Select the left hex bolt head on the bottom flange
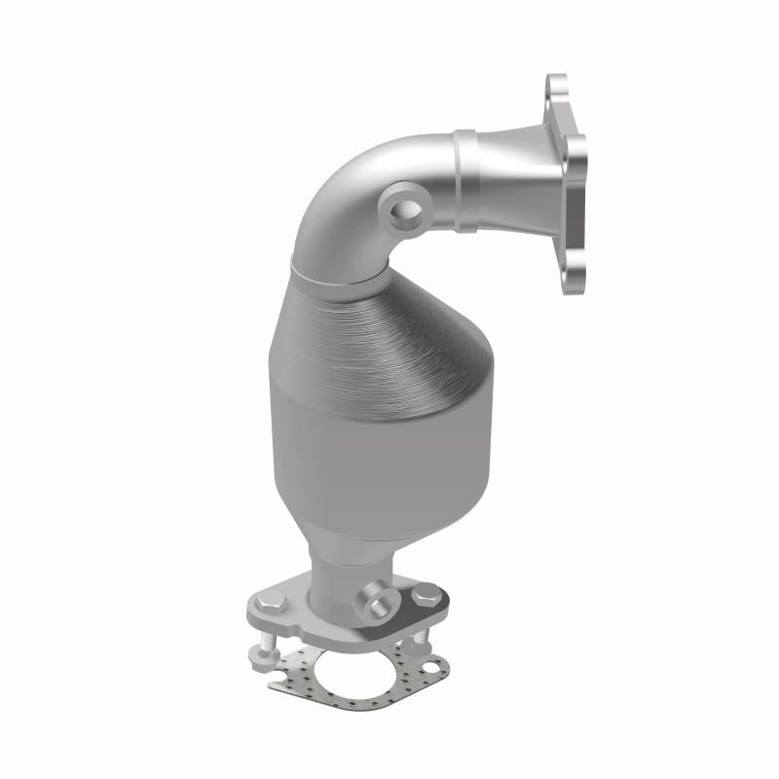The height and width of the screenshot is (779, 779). (273, 605)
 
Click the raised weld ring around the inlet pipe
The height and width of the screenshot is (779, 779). (464, 185)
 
